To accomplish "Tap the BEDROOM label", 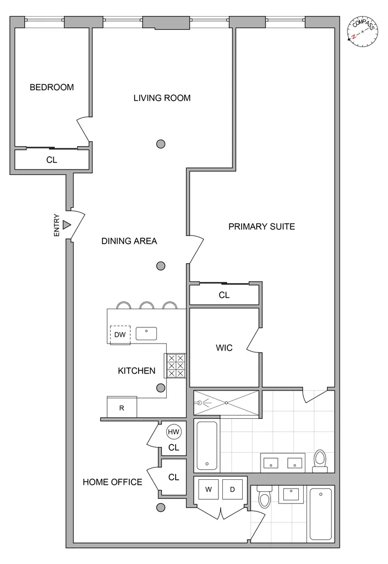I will pos(52,88).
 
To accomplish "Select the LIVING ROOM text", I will pos(162,98).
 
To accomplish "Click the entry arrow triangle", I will pos(67,225).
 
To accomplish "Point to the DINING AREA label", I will pos(129,241).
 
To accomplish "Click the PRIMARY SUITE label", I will pos(262,226).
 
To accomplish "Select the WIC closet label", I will pos(224,348).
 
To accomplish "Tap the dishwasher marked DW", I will pos(120,334).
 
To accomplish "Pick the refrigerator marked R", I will pos(122,408).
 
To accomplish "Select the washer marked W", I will pos(208,490).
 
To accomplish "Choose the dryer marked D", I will pos(232,490).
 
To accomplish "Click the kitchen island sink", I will pos(146,333).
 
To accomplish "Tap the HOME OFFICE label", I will pos(113,482).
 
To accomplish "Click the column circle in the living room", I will pos(161,144).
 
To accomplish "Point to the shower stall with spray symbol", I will pos(226,403).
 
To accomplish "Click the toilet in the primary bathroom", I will pos(320,460).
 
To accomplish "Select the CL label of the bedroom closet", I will pos(52,160).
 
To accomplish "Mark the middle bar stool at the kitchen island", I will pos(147,305).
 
